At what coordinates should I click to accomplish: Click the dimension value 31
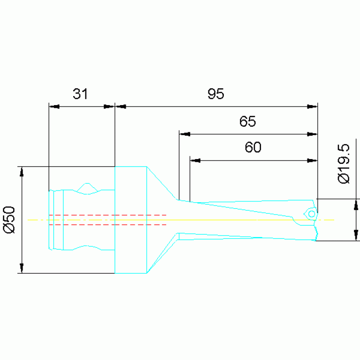tap(80, 94)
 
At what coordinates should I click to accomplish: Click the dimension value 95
tap(216, 94)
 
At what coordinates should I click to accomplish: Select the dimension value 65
tap(247, 121)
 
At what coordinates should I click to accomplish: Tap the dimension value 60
tap(253, 147)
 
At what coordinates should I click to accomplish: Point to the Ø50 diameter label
tap(9, 220)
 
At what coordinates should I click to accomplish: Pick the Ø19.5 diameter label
tap(344, 163)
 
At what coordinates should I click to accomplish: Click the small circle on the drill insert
tap(312, 214)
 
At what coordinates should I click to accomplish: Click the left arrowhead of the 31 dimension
tap(54, 107)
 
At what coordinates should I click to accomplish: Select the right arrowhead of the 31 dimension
tap(109, 107)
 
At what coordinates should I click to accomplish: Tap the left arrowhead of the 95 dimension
tap(121, 107)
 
